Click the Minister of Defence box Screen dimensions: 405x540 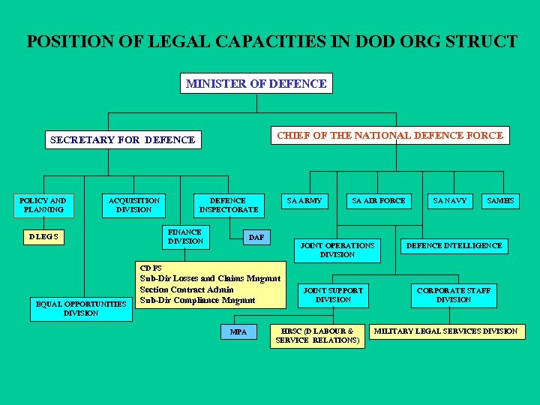pos(256,83)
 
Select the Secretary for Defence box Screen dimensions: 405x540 pos(122,139)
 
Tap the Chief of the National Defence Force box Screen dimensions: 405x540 pos(389,135)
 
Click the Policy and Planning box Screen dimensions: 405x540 pos(43,205)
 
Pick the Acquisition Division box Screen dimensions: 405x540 pos(134,205)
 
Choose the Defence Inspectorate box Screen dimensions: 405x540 pos(228,205)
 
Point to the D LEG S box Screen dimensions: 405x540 pos(43,238)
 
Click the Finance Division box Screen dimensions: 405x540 pos(185,237)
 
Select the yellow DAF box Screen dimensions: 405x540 pos(256,238)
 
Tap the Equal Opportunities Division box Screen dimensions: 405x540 pos(81,308)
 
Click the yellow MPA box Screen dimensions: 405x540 pos(238,331)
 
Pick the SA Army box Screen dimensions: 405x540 pos(305,201)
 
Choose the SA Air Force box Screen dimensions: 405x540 pos(379,201)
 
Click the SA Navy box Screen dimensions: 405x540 pos(450,201)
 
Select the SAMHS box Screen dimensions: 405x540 pos(500,201)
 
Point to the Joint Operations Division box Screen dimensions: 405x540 pos(337,250)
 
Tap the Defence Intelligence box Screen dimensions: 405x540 pos(454,245)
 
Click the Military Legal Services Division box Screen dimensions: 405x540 pos(445,331)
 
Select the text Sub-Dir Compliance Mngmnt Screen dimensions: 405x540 pos(197,300)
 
